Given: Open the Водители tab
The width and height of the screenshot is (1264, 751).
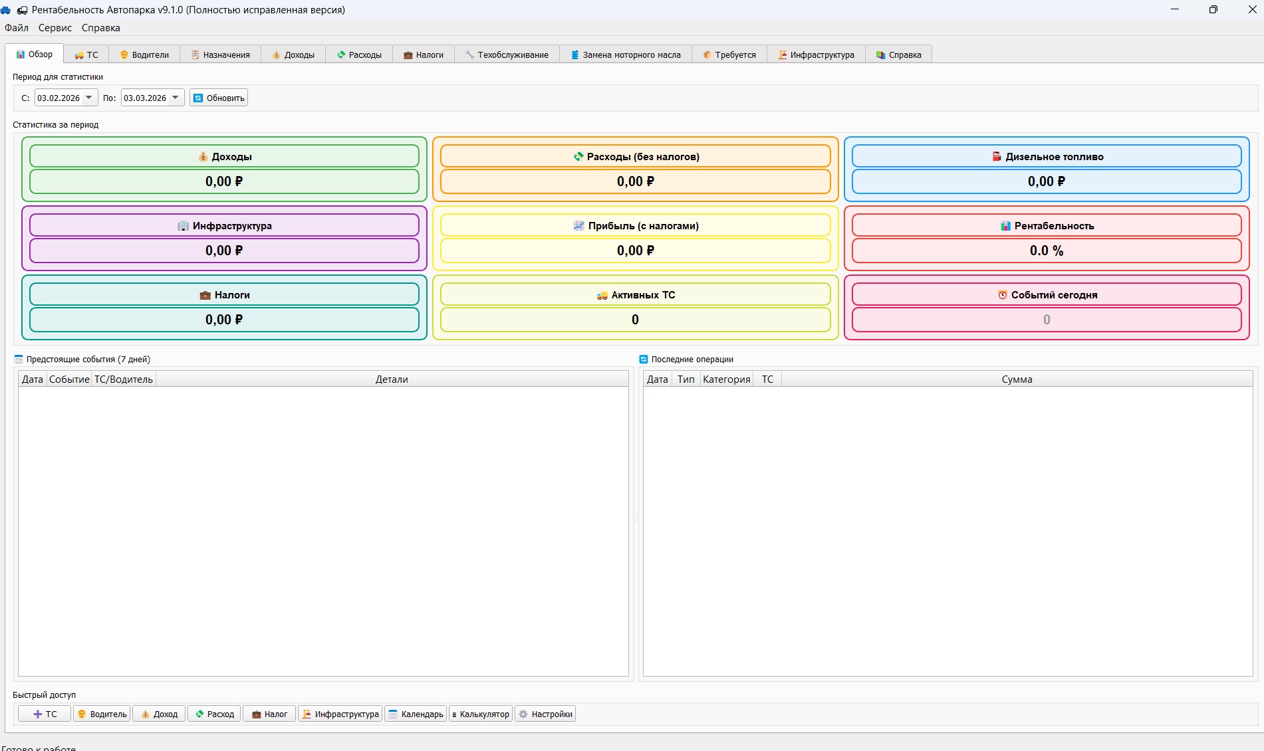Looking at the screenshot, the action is click(x=144, y=54).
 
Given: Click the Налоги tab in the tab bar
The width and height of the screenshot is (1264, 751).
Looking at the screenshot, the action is click(x=423, y=54).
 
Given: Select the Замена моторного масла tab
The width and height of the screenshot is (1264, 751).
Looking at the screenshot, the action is click(x=626, y=54).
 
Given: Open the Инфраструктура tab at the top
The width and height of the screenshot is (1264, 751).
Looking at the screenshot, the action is click(x=816, y=54).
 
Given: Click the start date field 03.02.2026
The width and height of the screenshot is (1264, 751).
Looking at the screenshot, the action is click(x=59, y=98).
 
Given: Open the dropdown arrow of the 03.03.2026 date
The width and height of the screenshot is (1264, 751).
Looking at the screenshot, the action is click(x=176, y=98).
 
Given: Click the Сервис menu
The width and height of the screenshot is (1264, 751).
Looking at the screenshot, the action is click(x=55, y=28).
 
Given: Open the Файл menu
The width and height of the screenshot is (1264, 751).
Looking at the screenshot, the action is click(x=17, y=28).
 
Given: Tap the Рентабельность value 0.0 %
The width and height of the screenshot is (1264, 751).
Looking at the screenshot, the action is click(x=1047, y=251).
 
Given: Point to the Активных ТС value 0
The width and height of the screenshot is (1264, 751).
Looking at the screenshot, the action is click(x=635, y=320).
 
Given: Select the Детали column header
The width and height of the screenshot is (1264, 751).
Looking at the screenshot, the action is click(x=392, y=379).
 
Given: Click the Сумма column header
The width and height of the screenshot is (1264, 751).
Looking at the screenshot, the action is click(x=1017, y=379).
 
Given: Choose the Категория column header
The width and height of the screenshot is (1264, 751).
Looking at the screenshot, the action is click(x=726, y=379).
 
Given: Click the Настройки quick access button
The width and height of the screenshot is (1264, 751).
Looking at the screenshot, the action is click(x=545, y=714).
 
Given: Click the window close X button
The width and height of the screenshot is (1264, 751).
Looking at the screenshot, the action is click(x=1252, y=9).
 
